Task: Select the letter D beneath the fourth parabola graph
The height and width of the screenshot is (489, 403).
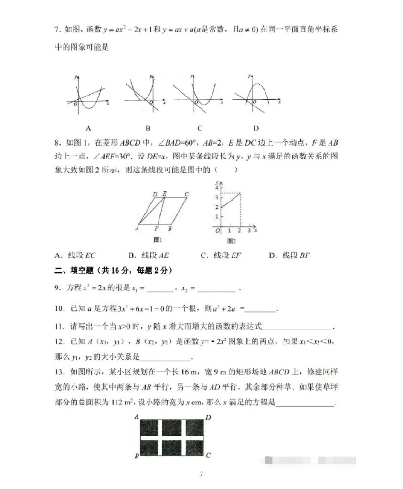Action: click(256, 128)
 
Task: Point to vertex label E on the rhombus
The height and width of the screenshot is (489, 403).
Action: click(164, 194)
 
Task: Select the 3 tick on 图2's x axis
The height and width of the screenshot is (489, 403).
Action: click(249, 231)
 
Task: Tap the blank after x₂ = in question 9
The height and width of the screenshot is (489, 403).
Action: click(216, 289)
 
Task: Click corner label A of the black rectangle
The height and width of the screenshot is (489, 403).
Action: click(137, 416)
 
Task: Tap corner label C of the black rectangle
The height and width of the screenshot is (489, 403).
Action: click(208, 456)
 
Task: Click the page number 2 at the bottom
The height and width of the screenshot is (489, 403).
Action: click(201, 474)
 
